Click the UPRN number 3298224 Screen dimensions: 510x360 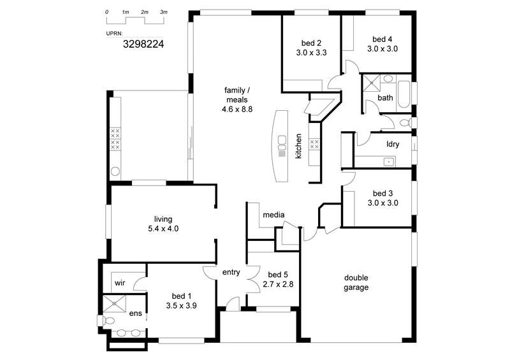pyautogui.click(x=143, y=44)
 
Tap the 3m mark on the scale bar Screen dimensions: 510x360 pyautogui.click(x=164, y=12)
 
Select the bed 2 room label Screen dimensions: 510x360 pyautogui.click(x=311, y=43)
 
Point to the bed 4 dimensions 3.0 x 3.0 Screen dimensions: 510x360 pyautogui.click(x=382, y=49)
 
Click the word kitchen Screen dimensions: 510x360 pyautogui.click(x=298, y=146)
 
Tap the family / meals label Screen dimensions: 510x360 pyautogui.click(x=237, y=95)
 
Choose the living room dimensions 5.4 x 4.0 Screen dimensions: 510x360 pyautogui.click(x=163, y=229)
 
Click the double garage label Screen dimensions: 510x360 pyautogui.click(x=356, y=283)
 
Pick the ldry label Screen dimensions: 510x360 pyautogui.click(x=393, y=144)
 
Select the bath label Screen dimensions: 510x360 pyautogui.click(x=385, y=97)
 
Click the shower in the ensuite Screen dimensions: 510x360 pyautogui.click(x=114, y=304)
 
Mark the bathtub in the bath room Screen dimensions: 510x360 pyautogui.click(x=404, y=95)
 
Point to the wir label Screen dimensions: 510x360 pyautogui.click(x=120, y=283)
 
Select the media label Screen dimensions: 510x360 pyautogui.click(x=273, y=215)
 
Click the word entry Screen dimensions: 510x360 pyautogui.click(x=231, y=272)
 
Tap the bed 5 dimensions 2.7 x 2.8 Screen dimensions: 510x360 pyautogui.click(x=278, y=284)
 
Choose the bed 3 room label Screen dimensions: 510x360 pyautogui.click(x=382, y=193)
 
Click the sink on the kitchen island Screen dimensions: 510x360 pyautogui.click(x=282, y=140)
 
